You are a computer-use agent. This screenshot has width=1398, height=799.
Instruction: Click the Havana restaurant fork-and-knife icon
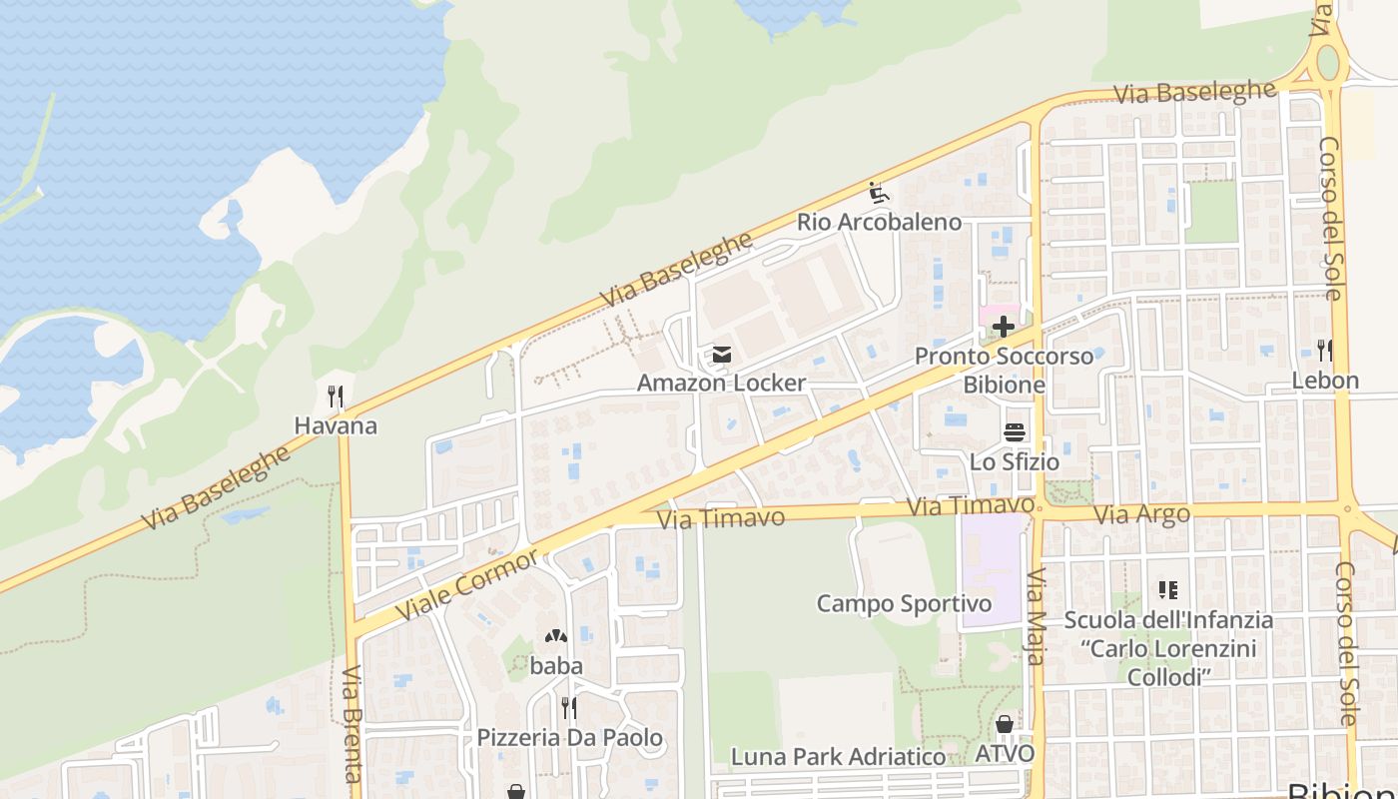point(336,397)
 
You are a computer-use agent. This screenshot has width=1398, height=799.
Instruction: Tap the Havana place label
point(336,426)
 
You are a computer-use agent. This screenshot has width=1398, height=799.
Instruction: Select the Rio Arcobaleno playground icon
point(879,193)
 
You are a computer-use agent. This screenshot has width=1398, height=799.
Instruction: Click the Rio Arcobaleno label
point(879,222)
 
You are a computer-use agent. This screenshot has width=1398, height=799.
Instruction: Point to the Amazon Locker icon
point(721,355)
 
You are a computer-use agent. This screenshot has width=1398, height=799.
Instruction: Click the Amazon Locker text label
point(721,383)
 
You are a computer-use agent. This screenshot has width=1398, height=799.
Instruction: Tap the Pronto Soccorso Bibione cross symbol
point(1003,327)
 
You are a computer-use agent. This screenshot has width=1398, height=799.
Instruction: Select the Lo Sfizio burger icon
point(1015,432)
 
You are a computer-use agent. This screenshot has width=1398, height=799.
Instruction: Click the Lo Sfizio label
point(1015,462)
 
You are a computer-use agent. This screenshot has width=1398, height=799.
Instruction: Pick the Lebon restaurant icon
point(1325,351)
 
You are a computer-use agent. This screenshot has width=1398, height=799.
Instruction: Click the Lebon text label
point(1325,381)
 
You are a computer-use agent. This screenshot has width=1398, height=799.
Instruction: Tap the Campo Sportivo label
point(904,603)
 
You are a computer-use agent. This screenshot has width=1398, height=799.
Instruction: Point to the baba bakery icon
point(556,636)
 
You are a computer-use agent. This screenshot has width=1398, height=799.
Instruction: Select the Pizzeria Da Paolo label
point(569,738)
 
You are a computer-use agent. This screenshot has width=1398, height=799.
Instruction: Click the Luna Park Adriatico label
point(838,757)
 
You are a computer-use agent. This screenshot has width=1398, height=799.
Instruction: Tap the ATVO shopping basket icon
point(1005,724)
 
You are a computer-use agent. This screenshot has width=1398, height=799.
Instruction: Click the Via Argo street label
point(1142,515)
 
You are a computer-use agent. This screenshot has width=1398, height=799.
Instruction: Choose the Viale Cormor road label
point(466,584)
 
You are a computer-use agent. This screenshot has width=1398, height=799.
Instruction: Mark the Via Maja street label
point(1036,616)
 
